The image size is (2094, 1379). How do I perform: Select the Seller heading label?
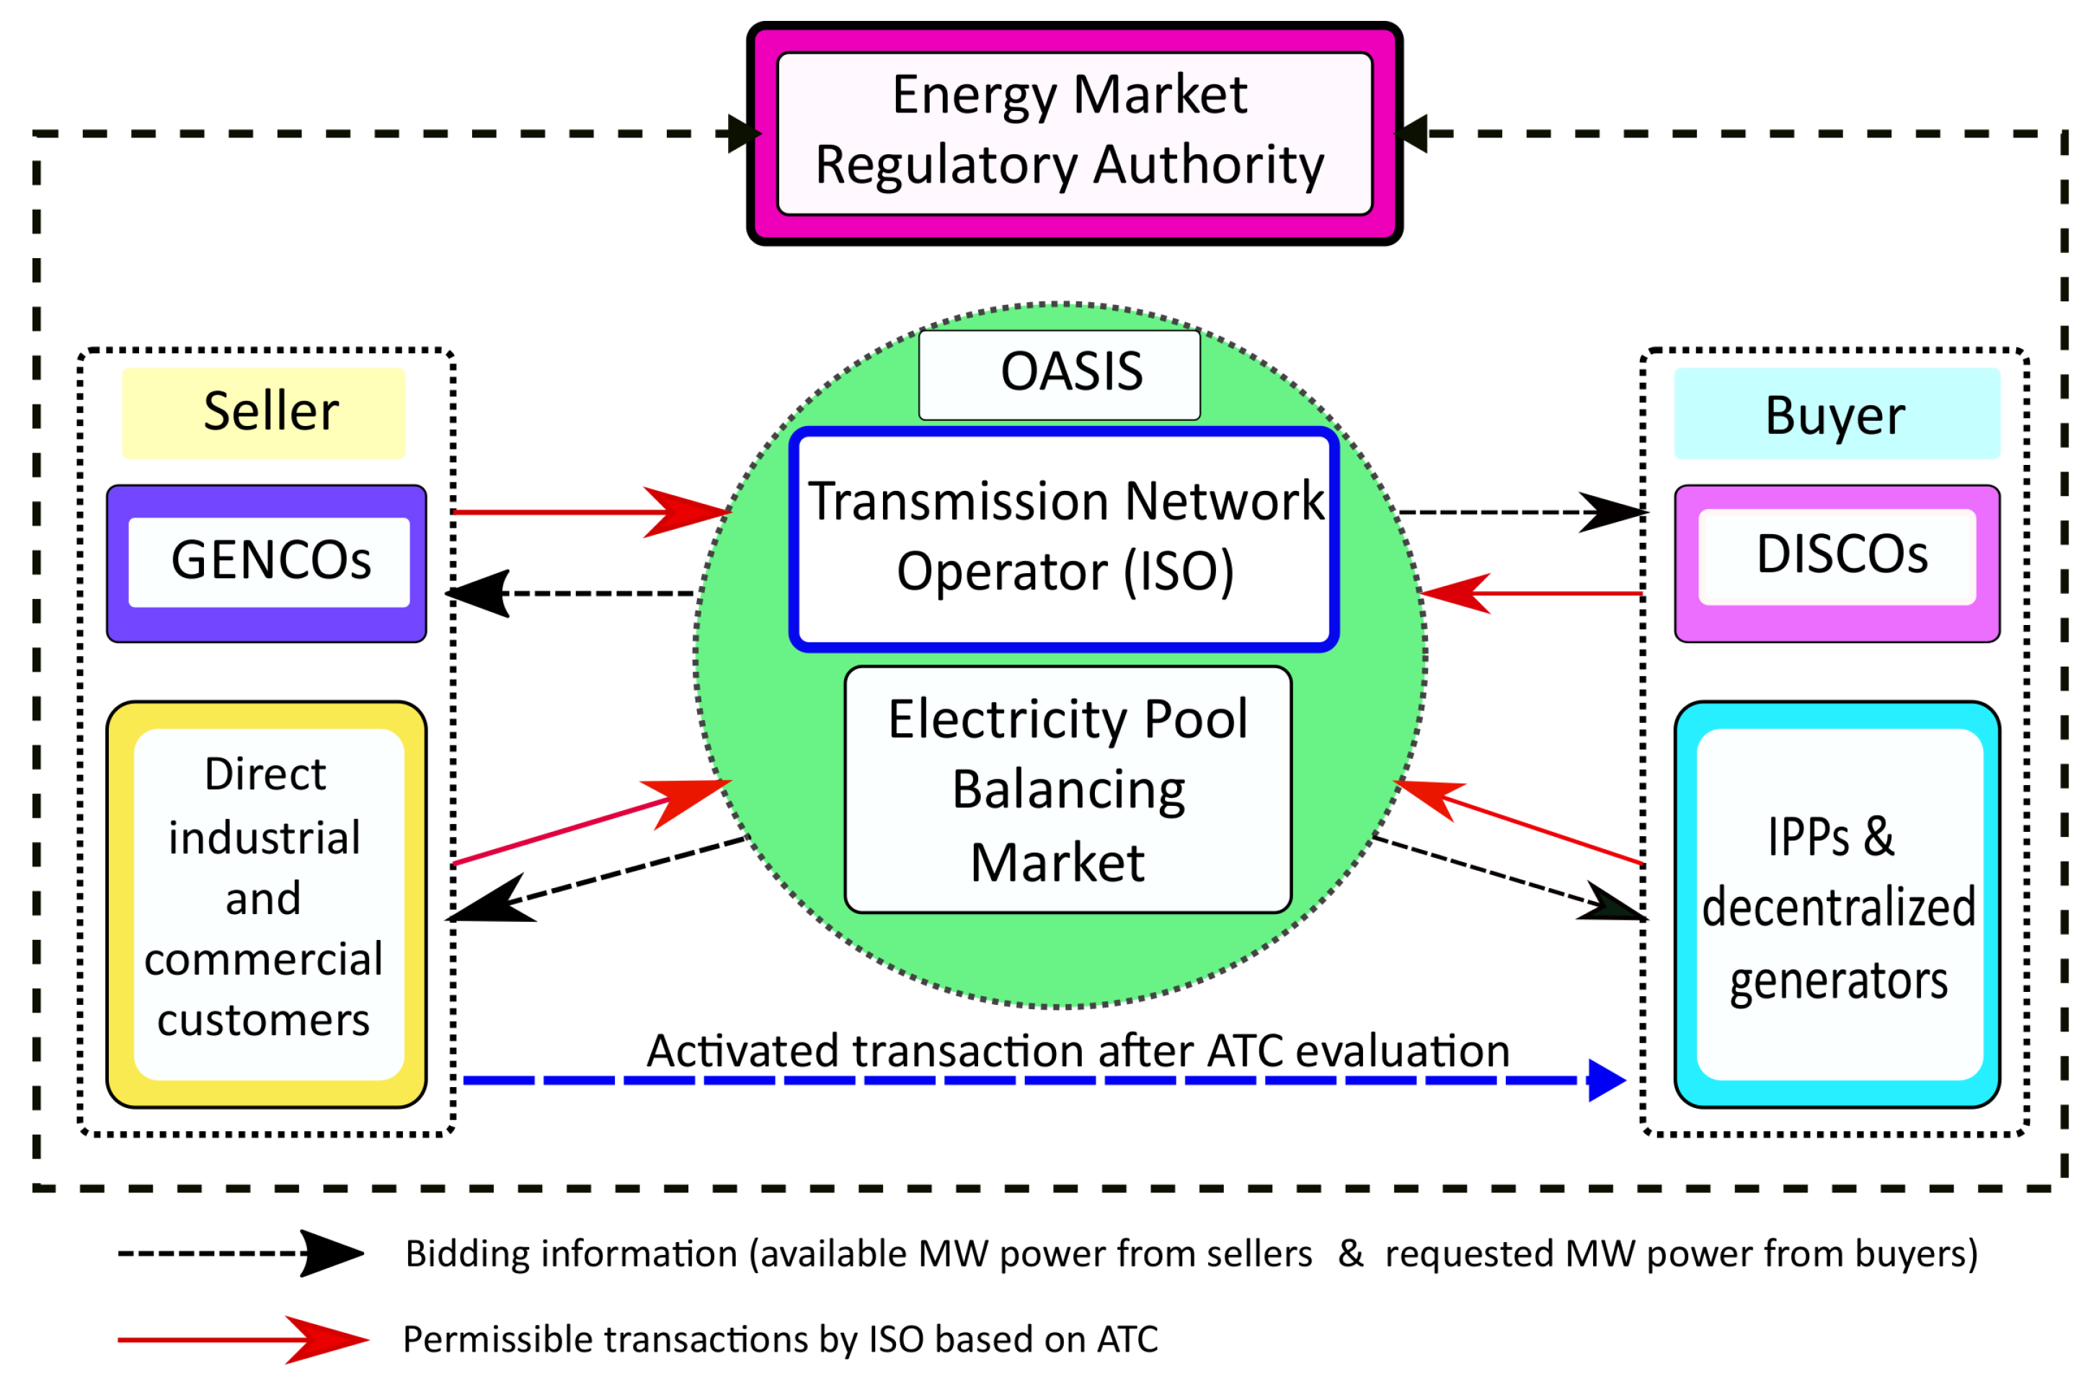[264, 413]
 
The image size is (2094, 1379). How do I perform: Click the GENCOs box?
[267, 562]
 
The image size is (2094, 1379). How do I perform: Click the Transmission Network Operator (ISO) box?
[1064, 538]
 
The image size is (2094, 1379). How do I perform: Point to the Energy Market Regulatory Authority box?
[1073, 133]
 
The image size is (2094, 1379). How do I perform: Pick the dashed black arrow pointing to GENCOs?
[572, 593]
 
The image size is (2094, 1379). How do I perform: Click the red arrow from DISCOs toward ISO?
[1531, 593]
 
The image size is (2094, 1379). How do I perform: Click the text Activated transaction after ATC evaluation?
[1078, 1051]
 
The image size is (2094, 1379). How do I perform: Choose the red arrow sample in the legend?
[242, 1339]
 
